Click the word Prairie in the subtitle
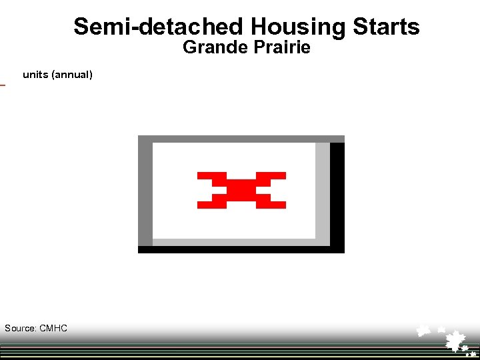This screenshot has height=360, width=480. click(x=278, y=48)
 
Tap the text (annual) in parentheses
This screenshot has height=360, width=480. click(x=73, y=75)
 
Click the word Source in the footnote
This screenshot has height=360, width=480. click(x=19, y=328)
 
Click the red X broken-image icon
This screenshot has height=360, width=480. click(x=241, y=190)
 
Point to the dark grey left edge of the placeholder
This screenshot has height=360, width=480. click(x=145, y=193)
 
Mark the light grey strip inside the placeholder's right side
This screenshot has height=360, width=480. click(x=323, y=193)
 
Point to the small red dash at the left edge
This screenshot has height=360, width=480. click(x=2, y=85)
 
